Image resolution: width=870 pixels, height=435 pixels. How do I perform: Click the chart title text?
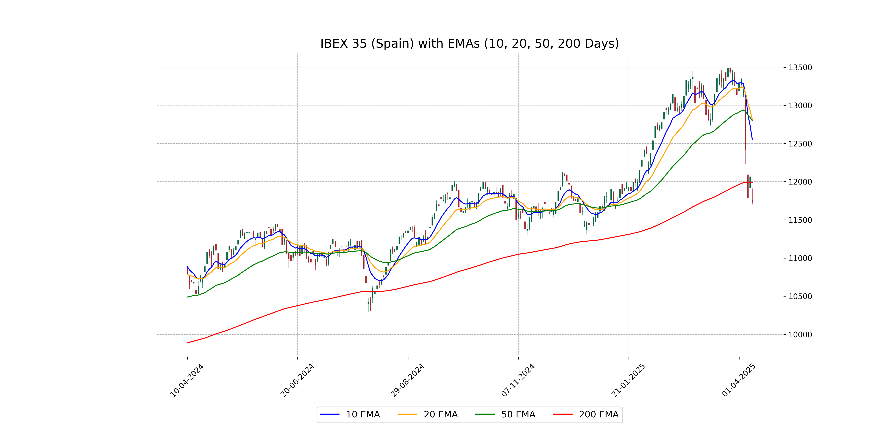tap(469, 43)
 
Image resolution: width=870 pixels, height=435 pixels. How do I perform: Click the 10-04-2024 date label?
tap(187, 380)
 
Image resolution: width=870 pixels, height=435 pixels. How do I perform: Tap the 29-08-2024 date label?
tap(407, 380)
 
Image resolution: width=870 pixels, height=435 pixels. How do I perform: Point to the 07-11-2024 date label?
tap(518, 380)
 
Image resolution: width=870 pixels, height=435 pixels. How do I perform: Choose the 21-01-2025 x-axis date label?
tap(628, 380)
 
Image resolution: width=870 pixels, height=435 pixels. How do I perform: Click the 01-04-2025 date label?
tap(739, 380)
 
